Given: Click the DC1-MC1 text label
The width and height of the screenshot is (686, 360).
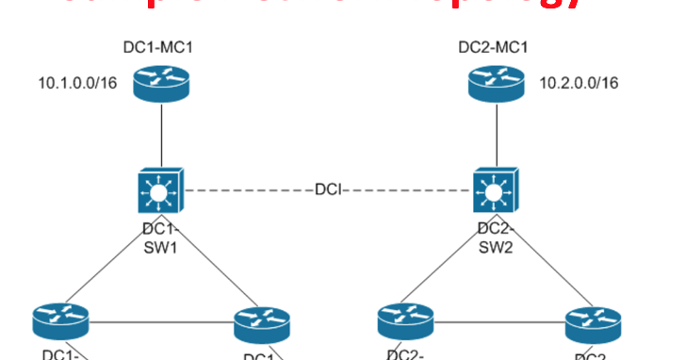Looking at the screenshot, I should (161, 47).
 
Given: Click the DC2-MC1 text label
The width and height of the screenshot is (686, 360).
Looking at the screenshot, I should (495, 47).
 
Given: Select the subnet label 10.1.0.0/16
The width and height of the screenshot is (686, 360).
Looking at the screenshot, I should (78, 84).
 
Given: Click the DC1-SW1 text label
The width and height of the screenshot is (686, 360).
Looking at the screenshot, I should (159, 240).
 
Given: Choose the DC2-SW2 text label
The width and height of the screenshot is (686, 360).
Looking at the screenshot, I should (495, 240).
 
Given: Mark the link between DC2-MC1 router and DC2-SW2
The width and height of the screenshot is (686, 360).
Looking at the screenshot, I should (495, 137).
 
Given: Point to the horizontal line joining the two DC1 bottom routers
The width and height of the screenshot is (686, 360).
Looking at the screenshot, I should (160, 323).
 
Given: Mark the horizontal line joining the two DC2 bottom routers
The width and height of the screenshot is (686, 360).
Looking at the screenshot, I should (499, 323).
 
